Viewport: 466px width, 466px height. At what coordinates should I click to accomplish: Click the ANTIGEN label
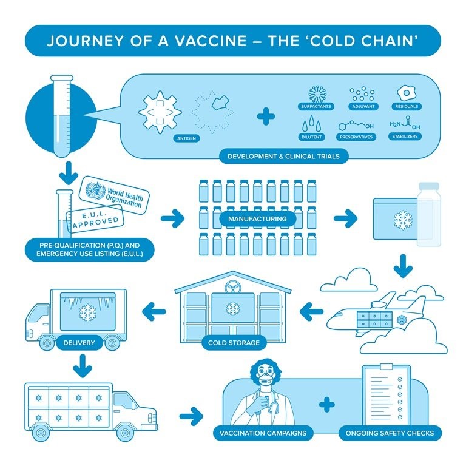pyautogui.click(x=186, y=138)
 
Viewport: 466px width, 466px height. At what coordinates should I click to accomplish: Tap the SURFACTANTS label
pyautogui.click(x=316, y=106)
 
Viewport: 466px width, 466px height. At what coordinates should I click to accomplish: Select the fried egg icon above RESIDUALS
pyautogui.click(x=407, y=93)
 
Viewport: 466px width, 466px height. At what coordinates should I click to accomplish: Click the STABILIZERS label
pyautogui.click(x=405, y=137)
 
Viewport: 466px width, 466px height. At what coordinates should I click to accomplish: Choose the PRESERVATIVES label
pyautogui.click(x=356, y=137)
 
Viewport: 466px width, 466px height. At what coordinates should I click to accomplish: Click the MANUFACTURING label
pyautogui.click(x=257, y=219)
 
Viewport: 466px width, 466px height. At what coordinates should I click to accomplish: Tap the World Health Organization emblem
pyautogui.click(x=95, y=190)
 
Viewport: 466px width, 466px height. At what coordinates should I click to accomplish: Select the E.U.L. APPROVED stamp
pyautogui.click(x=95, y=218)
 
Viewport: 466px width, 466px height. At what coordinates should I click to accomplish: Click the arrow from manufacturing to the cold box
pyautogui.click(x=345, y=218)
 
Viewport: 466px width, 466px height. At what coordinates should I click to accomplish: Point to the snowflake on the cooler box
pyautogui.click(x=403, y=220)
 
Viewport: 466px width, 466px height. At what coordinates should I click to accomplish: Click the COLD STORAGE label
pyautogui.click(x=234, y=343)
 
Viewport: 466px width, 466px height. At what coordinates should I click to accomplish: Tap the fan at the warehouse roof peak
pyautogui.click(x=233, y=288)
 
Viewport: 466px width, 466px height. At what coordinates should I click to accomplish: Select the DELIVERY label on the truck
pyautogui.click(x=79, y=343)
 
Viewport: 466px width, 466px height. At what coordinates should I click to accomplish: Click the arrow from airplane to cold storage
pyautogui.click(x=311, y=312)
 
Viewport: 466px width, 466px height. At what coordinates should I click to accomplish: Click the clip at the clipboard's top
pyautogui.click(x=386, y=366)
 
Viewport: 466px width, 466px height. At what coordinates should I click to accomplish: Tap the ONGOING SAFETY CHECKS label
pyautogui.click(x=390, y=433)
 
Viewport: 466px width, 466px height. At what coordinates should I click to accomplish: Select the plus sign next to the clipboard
pyautogui.click(x=326, y=405)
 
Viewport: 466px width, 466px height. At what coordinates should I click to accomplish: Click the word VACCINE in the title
pyautogui.click(x=211, y=41)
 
